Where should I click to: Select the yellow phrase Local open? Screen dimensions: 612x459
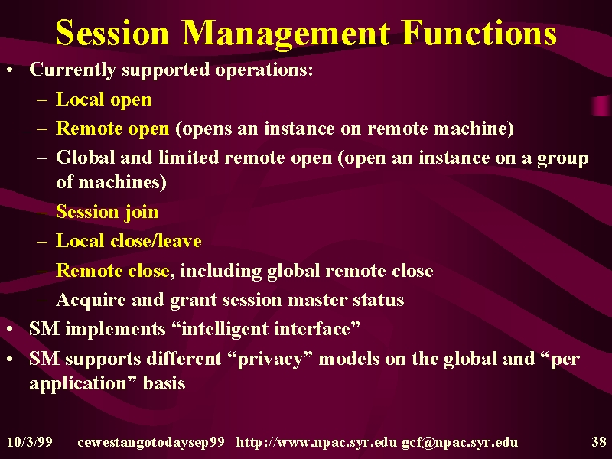[103, 100]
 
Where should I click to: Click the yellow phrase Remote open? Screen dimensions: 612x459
[112, 129]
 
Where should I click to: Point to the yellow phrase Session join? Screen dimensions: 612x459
[107, 213]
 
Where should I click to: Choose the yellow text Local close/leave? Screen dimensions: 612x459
[129, 241]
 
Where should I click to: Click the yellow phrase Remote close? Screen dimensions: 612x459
[112, 271]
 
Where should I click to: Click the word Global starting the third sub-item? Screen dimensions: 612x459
[85, 158]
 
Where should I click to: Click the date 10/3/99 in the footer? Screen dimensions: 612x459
[30, 442]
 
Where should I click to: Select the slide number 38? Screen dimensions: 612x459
[598, 442]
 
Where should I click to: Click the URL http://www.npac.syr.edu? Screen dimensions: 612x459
[316, 443]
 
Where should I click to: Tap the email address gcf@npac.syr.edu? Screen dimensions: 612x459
[460, 443]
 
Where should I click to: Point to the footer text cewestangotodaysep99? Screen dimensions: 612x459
[151, 443]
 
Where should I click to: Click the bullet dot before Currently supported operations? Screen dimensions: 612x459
[10, 70]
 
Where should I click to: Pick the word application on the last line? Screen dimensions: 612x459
[78, 384]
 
